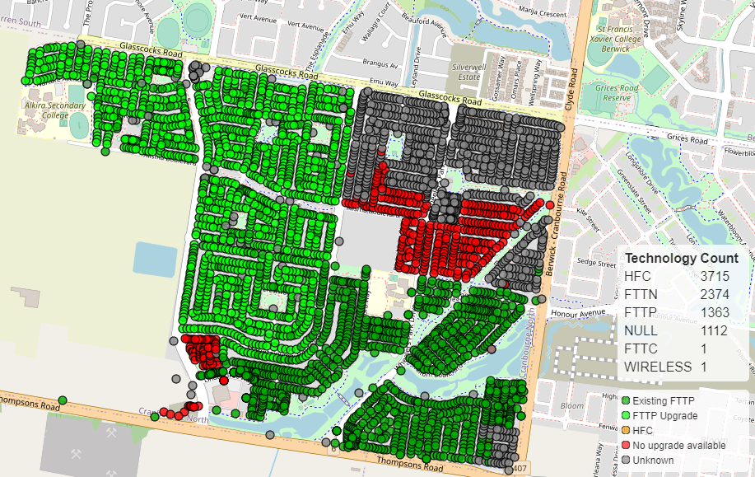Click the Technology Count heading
[x=681, y=258]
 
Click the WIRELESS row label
[x=659, y=367]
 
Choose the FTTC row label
[x=641, y=348]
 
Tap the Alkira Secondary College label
[x=54, y=110]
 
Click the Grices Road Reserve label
[x=618, y=92]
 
